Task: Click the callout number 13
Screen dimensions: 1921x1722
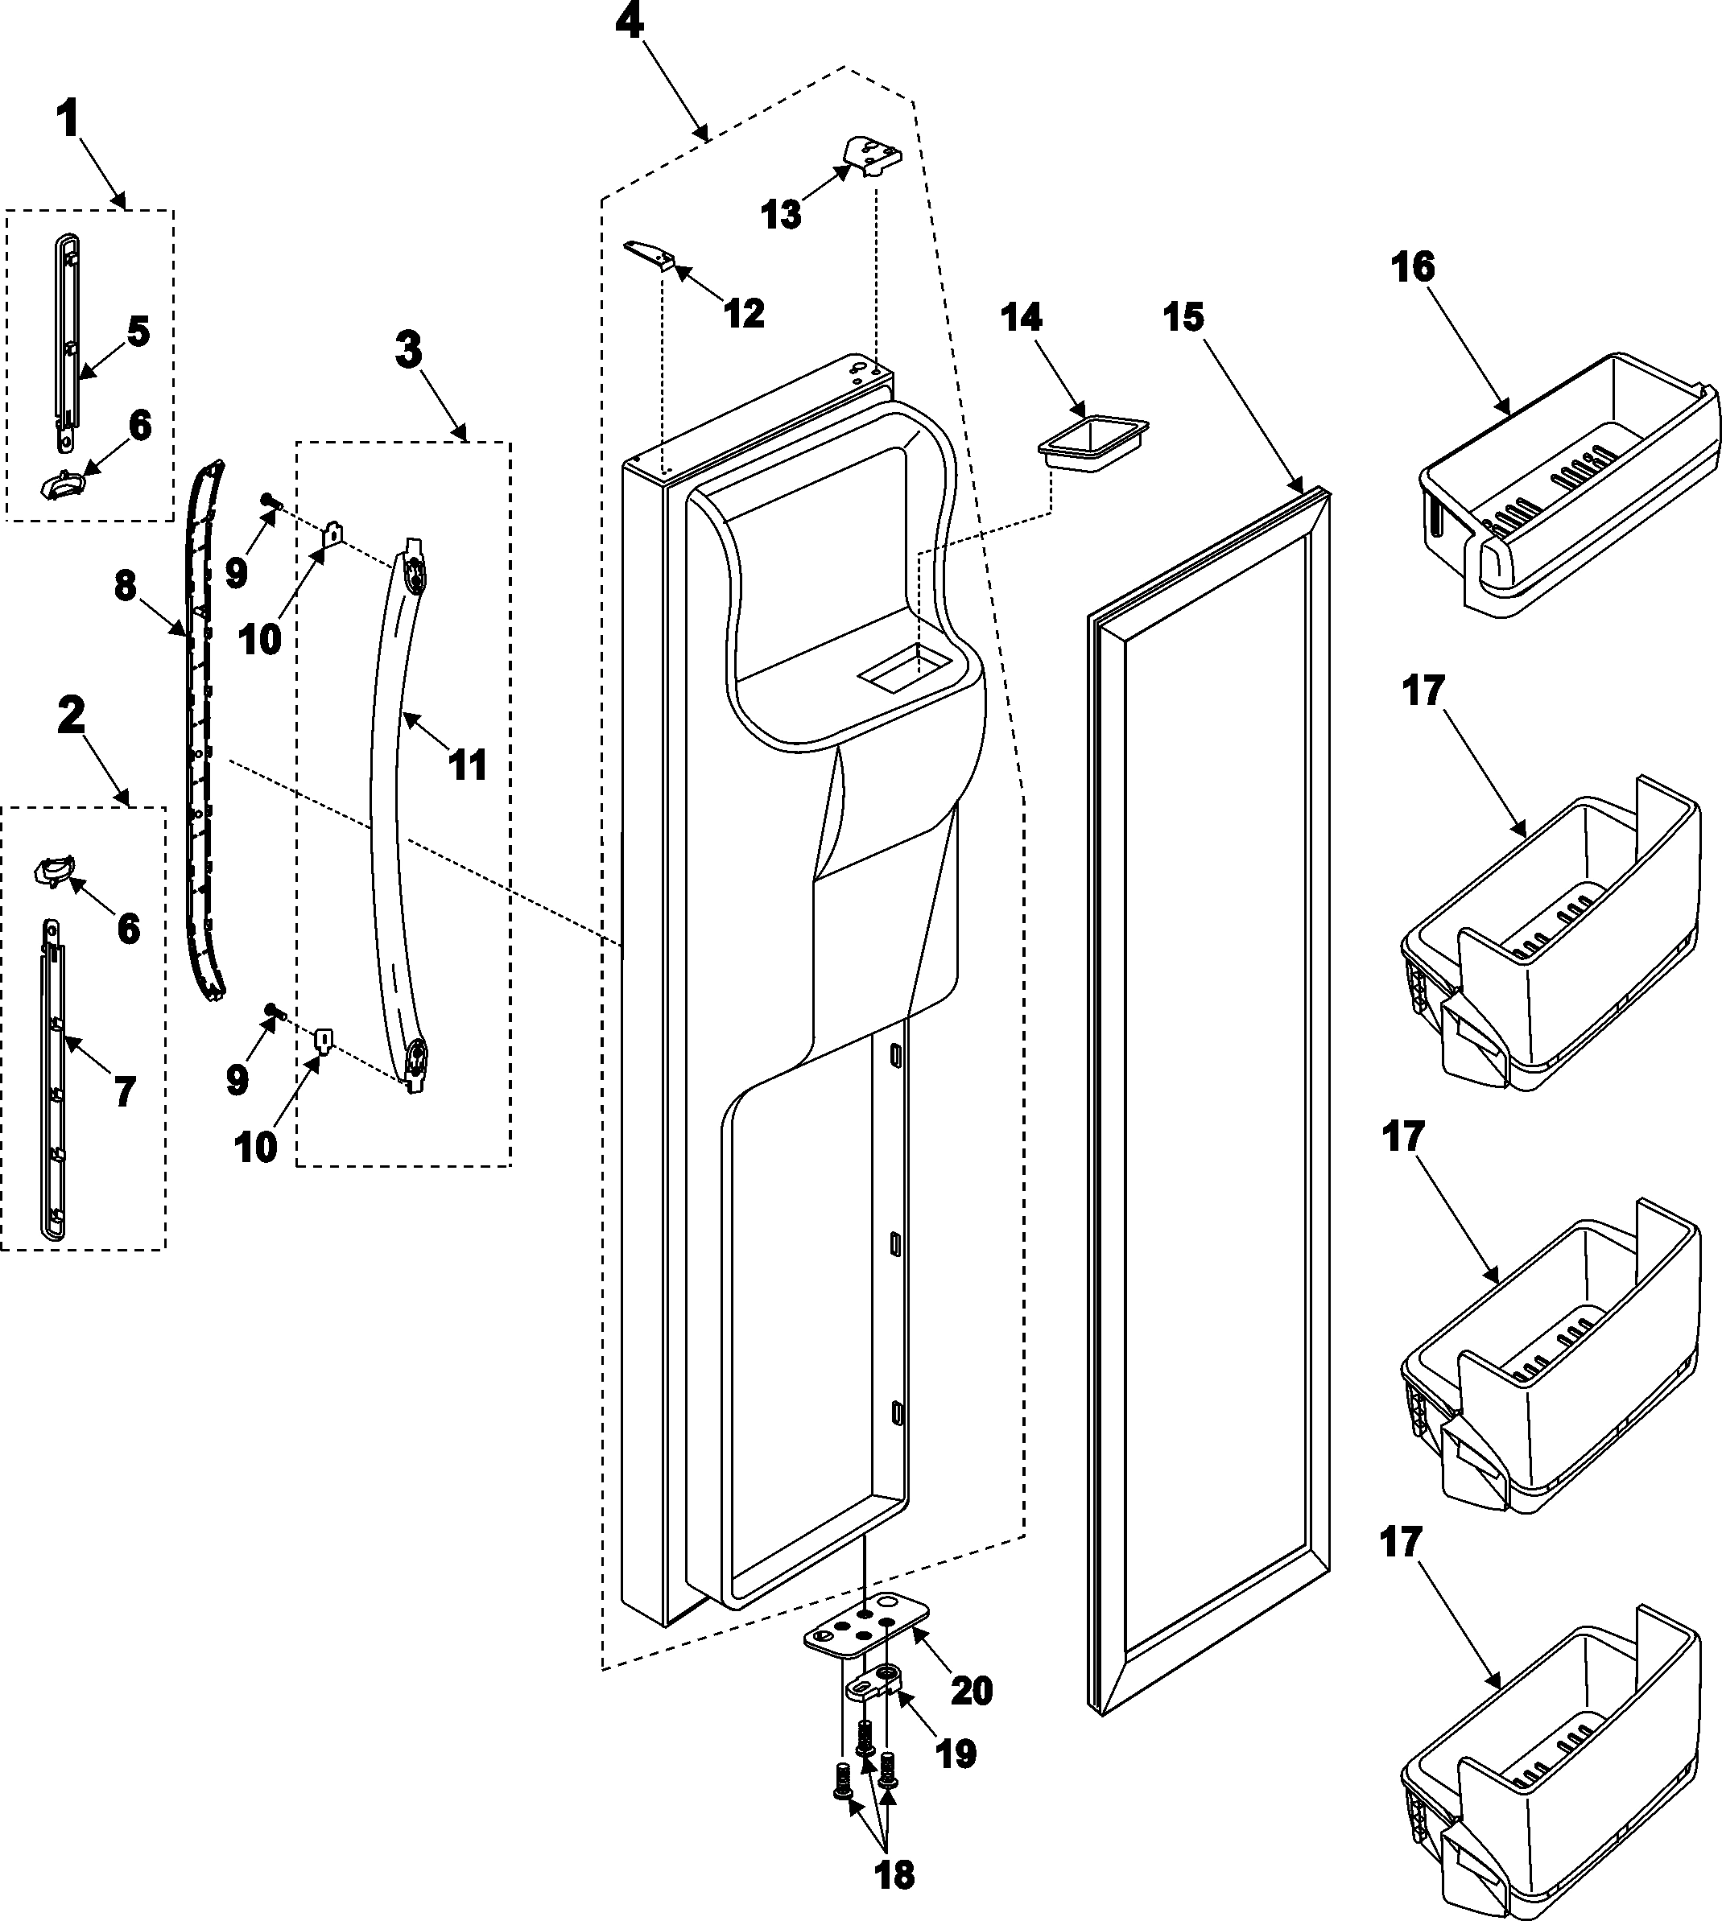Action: pos(782,215)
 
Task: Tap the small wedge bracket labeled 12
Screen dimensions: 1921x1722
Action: pos(649,255)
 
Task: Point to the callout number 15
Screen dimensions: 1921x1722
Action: pos(1183,318)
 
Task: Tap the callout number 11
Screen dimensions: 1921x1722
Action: pos(468,765)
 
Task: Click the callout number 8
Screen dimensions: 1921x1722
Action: pos(126,587)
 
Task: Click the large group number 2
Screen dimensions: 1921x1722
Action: pos(71,716)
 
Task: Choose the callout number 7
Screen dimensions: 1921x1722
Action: pos(125,1091)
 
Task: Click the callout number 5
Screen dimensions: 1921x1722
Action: pos(138,332)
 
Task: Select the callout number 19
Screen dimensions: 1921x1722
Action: pos(955,1754)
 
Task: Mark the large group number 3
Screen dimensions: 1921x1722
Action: pos(408,351)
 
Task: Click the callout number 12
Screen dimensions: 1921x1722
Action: pos(744,313)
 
